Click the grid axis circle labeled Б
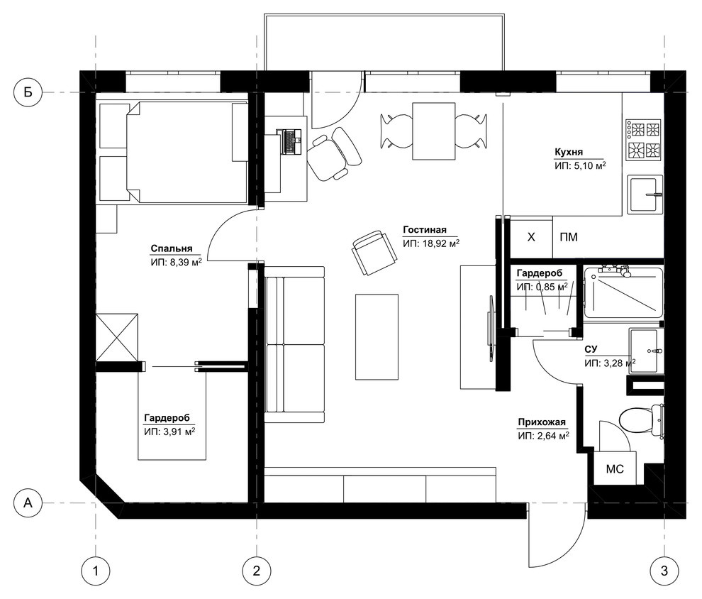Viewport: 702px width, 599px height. click(x=28, y=93)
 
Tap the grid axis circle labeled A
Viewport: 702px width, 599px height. click(x=28, y=502)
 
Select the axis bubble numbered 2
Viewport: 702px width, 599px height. click(x=257, y=571)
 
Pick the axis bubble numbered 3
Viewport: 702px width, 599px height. click(x=664, y=571)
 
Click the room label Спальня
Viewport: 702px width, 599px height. click(x=172, y=248)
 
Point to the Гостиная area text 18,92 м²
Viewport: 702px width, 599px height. click(x=441, y=243)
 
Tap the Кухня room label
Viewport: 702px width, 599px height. click(x=569, y=152)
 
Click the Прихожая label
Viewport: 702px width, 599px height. click(x=542, y=422)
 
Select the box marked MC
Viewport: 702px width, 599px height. click(x=615, y=468)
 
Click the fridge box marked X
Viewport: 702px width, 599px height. click(x=531, y=237)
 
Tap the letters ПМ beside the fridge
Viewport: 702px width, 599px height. click(x=569, y=237)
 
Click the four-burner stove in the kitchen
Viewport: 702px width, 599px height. click(x=644, y=140)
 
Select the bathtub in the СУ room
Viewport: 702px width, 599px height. click(x=623, y=292)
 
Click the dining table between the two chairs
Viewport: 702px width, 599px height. click(x=434, y=131)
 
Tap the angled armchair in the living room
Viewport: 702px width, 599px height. click(x=374, y=253)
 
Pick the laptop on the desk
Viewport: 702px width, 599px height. click(x=290, y=141)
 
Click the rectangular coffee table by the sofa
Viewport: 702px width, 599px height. click(x=377, y=337)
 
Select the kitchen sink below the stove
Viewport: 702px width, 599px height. click(x=645, y=194)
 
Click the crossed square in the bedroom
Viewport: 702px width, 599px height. click(x=117, y=337)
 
